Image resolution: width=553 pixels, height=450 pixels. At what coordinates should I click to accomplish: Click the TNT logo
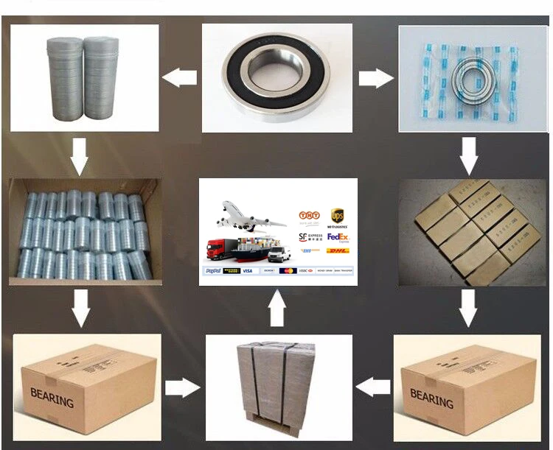point(309,215)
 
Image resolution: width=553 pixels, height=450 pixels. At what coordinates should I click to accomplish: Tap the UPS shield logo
point(338,215)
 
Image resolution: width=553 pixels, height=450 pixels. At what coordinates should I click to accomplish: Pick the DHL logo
point(336,251)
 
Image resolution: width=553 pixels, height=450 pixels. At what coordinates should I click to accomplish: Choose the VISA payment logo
point(247,270)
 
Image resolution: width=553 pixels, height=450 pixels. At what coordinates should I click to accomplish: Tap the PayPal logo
point(212,270)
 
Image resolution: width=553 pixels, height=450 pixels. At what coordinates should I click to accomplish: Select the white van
point(279,254)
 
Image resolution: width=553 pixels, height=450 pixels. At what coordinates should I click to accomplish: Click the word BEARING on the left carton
point(52,398)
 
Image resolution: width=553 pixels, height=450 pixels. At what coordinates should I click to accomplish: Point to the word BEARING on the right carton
point(431,398)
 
